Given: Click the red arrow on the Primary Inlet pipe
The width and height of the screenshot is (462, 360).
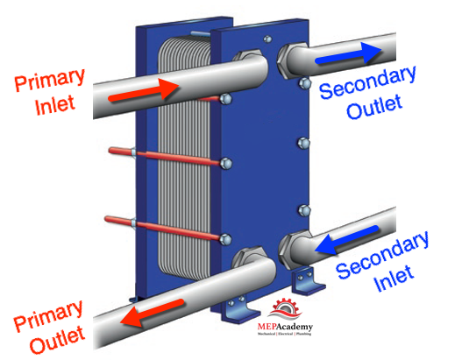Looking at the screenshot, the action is click(x=144, y=90).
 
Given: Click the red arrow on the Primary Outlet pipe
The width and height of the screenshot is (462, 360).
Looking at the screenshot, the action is click(x=153, y=313).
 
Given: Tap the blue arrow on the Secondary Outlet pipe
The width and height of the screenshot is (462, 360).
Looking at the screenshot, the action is click(x=349, y=53).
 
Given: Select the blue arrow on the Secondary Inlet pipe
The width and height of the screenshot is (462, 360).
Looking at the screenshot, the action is click(x=346, y=241).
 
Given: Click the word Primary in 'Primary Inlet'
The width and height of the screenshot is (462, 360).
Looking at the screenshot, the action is click(x=50, y=80).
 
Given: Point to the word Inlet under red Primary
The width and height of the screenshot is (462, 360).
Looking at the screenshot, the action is click(x=54, y=104).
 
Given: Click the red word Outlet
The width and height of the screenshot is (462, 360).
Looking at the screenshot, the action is click(x=58, y=339).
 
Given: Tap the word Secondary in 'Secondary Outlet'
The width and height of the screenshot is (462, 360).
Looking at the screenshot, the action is click(x=367, y=82).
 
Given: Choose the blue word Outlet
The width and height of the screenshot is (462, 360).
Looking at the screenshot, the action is click(x=374, y=107).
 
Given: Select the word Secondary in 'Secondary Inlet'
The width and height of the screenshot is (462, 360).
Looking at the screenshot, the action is click(x=382, y=255).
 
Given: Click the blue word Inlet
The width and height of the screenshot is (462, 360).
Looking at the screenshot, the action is click(x=394, y=278).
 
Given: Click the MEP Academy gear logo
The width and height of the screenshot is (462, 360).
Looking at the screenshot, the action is click(x=285, y=310).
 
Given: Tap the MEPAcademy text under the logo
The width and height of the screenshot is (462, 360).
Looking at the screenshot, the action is click(x=285, y=327).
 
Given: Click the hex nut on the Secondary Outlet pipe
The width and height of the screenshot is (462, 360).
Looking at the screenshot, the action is click(x=284, y=61).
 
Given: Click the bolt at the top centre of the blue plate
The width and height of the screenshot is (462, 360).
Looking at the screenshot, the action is click(x=267, y=39).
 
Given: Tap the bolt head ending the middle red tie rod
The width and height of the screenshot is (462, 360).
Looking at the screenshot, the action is click(x=225, y=164).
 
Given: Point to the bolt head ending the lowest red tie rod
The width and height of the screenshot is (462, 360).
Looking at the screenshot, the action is click(x=225, y=239).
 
